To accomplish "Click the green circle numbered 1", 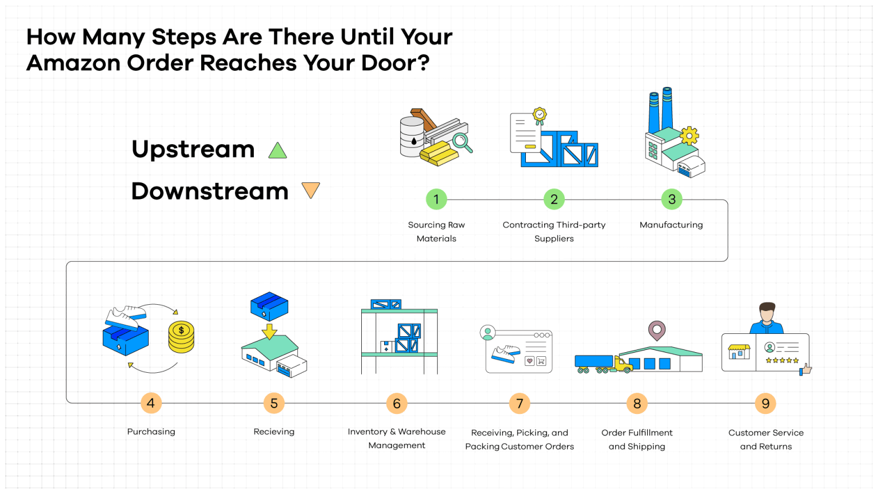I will pyautogui.click(x=436, y=200).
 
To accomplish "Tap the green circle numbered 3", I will pyautogui.click(x=672, y=200).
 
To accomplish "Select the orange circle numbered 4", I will pyautogui.click(x=151, y=403).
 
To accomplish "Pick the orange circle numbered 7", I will pyautogui.click(x=520, y=404).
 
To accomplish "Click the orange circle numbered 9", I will pyautogui.click(x=765, y=404).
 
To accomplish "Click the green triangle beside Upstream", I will pyautogui.click(x=278, y=151).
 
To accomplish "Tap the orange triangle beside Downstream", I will pyautogui.click(x=310, y=189).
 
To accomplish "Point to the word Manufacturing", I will pyautogui.click(x=671, y=225).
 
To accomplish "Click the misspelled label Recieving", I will pyautogui.click(x=274, y=432).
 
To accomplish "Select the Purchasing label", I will pyautogui.click(x=151, y=432).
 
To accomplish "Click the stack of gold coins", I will pyautogui.click(x=181, y=337).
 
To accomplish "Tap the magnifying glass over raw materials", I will pyautogui.click(x=461, y=141).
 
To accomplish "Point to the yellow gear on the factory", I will pyautogui.click(x=689, y=136).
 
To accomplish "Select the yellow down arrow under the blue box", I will pyautogui.click(x=269, y=331).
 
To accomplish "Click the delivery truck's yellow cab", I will pyautogui.click(x=621, y=364).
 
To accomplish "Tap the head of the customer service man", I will pyautogui.click(x=767, y=313).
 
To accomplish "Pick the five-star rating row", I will pyautogui.click(x=782, y=360).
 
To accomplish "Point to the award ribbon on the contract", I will pyautogui.click(x=539, y=115).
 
